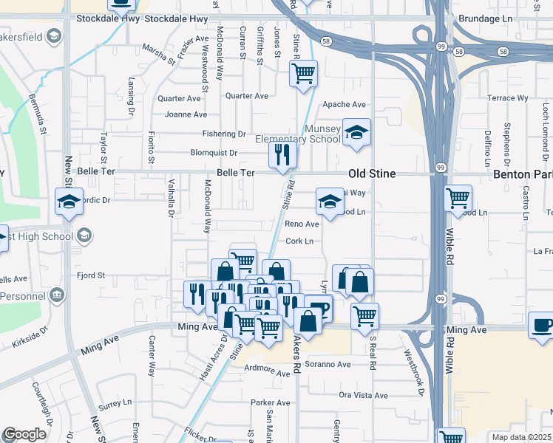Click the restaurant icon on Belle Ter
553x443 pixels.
pyautogui.click(x=282, y=156)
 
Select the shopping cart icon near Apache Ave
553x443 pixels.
pyautogui.click(x=302, y=74)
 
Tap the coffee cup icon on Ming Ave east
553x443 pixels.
pyautogui.click(x=542, y=326)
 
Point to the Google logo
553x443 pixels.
pyautogui.click(x=24, y=435)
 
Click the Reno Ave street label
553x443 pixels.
pyautogui.click(x=302, y=224)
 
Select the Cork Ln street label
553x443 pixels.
pyautogui.click(x=299, y=241)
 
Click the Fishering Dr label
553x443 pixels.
pyautogui.click(x=225, y=134)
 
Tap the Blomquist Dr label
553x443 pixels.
pyautogui.click(x=214, y=153)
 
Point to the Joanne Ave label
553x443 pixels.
pyautogui.click(x=186, y=114)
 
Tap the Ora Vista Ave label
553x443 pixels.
pyautogui.click(x=363, y=395)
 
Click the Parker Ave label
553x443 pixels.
pyautogui.click(x=270, y=402)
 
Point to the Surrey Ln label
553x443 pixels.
pyautogui.click(x=114, y=404)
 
